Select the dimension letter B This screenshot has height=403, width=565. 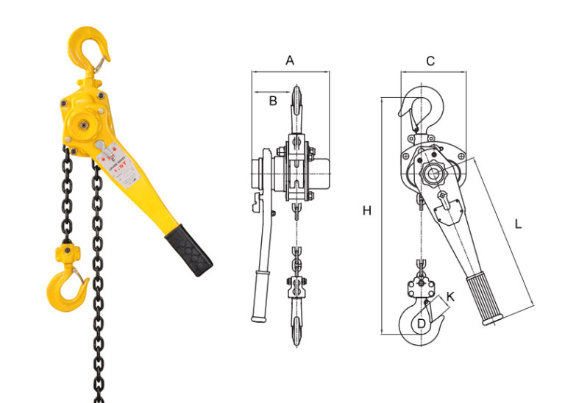click(272, 101)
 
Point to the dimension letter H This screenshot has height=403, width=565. click(366, 211)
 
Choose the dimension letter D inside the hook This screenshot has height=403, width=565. click(421, 322)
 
